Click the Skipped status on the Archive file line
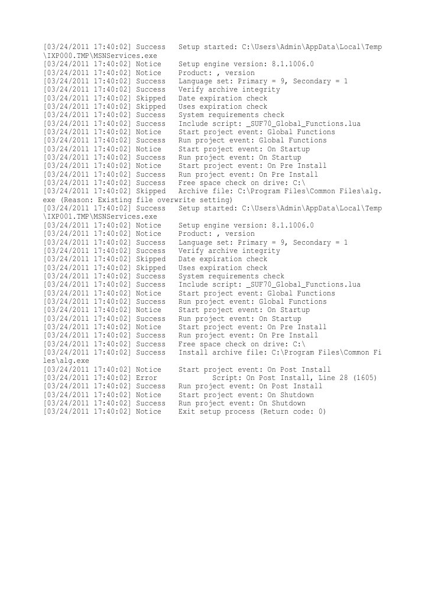(151, 191)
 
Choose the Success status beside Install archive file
(151, 352)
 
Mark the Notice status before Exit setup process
(148, 411)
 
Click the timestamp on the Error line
(87, 378)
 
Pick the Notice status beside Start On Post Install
(148, 369)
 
